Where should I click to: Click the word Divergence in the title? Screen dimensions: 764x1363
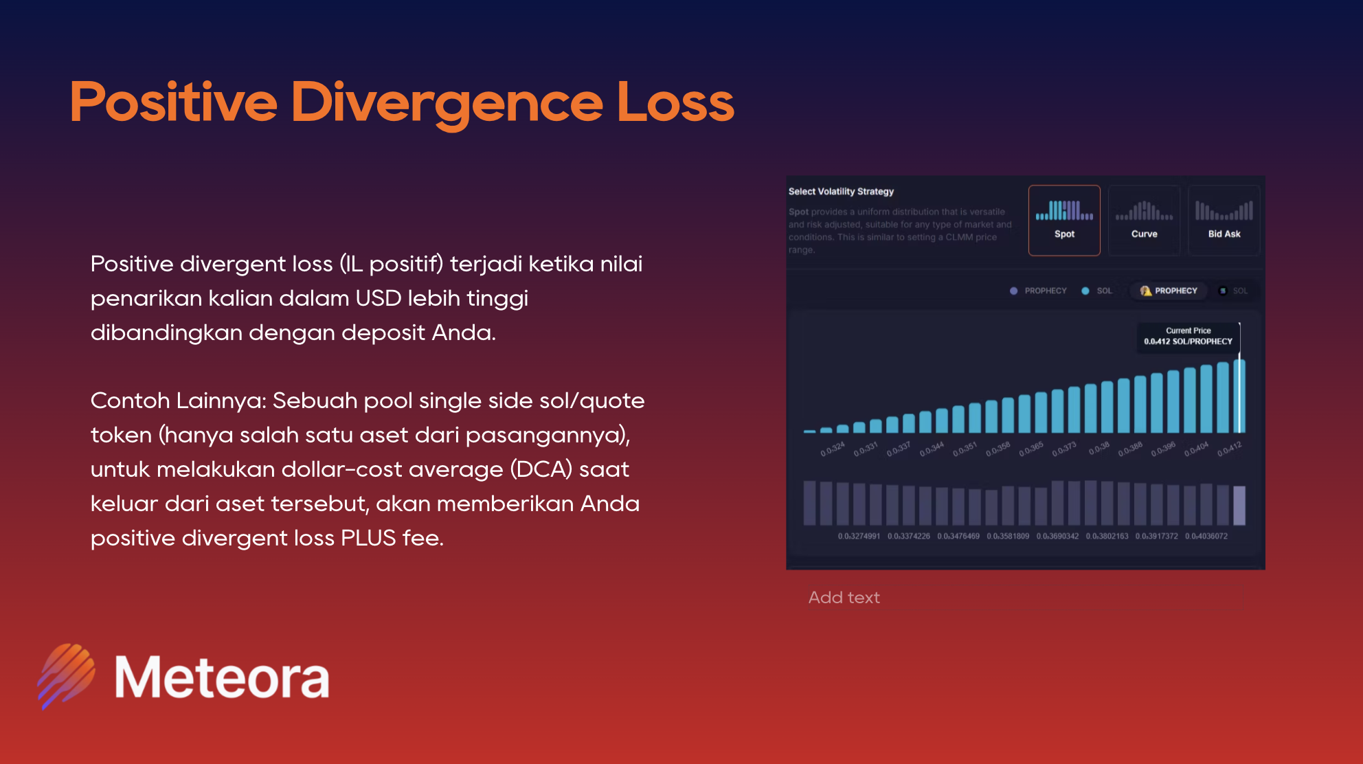click(x=447, y=103)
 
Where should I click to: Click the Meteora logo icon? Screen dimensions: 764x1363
click(x=67, y=676)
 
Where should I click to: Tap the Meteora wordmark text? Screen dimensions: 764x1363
click(x=222, y=677)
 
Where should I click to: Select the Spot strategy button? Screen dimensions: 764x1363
click(x=1064, y=221)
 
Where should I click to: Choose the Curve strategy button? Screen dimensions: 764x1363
click(x=1144, y=221)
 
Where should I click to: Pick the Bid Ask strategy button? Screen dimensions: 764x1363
click(x=1224, y=221)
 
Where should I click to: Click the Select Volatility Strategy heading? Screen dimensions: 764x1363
click(x=841, y=192)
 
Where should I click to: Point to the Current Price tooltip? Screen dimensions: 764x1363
click(x=1188, y=336)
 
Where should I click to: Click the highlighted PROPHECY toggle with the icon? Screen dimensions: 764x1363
click(x=1169, y=291)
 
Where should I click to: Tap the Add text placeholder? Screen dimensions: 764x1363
click(x=844, y=598)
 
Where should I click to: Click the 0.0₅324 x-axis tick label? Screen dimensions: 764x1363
click(x=833, y=449)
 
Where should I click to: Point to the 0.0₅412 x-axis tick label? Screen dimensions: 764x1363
click(x=1229, y=449)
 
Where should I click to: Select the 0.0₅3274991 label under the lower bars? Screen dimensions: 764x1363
click(x=859, y=536)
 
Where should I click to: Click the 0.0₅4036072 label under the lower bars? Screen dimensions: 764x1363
click(x=1206, y=536)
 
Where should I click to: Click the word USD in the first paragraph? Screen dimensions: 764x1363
click(x=378, y=298)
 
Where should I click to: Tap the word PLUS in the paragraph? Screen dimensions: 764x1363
click(x=368, y=538)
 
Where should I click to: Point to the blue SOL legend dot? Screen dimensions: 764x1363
click(x=1085, y=291)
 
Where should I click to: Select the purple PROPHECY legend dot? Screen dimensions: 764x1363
click(x=1013, y=291)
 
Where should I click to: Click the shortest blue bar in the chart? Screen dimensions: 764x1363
click(x=810, y=431)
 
